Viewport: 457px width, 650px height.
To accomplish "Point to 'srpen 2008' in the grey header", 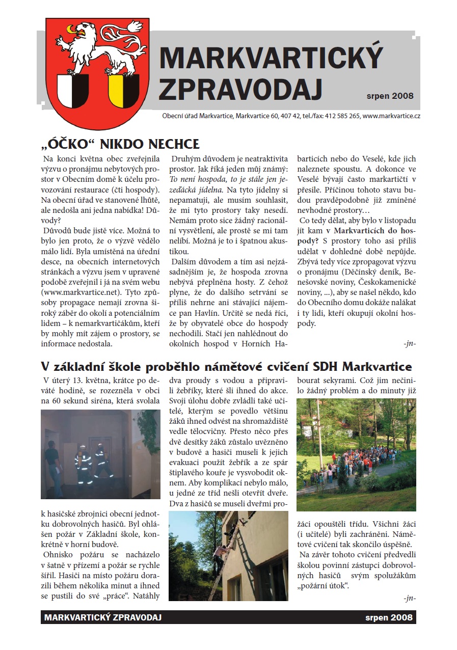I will coord(390,95).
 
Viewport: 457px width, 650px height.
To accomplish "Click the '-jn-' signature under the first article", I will coord(409,343).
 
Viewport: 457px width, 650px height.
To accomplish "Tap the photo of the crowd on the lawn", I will coord(356,454).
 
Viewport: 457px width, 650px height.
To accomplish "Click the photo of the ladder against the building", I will coord(228,555).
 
